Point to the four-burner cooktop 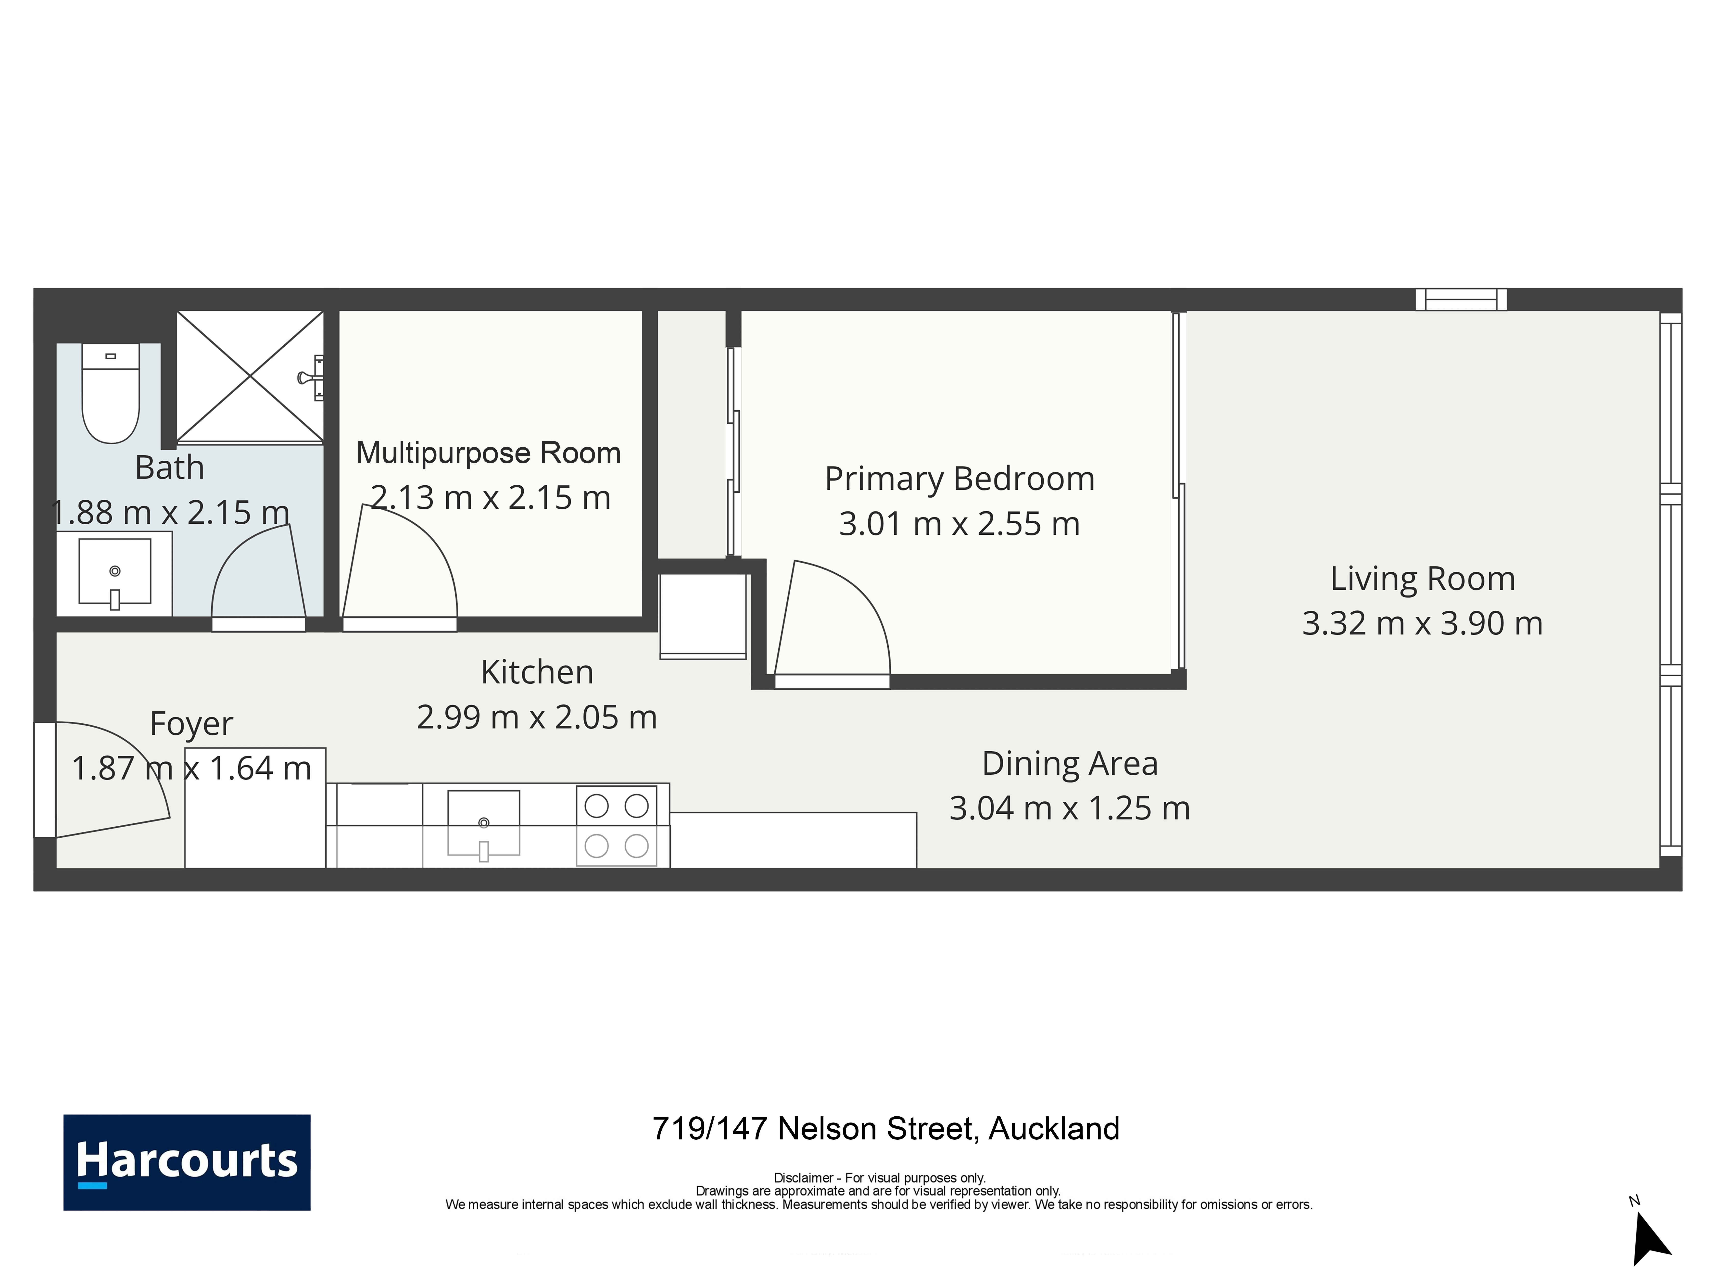coord(617,825)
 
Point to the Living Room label coord(1422,579)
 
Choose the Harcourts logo coord(187,1162)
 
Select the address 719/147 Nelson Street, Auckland coord(886,1129)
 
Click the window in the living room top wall coord(1461,300)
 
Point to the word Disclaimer coord(803,1178)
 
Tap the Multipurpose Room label coord(489,453)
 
